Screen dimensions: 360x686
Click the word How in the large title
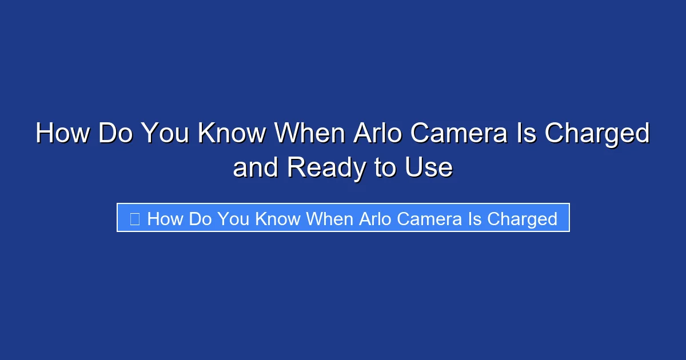pos(62,134)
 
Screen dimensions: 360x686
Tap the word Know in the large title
pos(232,134)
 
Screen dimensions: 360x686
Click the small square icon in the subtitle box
pos(134,218)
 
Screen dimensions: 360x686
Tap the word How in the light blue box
pos(164,218)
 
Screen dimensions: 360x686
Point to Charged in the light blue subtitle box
pos(521,218)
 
